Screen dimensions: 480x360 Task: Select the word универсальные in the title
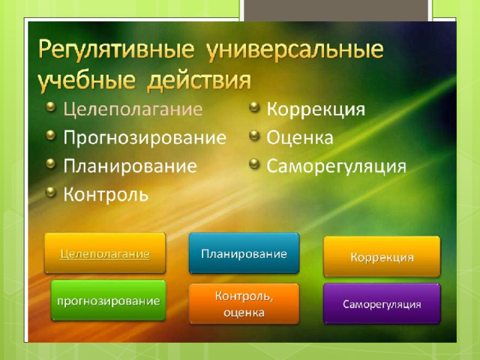click(295, 49)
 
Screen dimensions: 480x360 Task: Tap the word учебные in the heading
click(87, 81)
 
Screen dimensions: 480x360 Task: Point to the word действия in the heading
click(199, 81)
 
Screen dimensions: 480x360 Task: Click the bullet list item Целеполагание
click(133, 109)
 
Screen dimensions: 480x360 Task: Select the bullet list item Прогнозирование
click(145, 138)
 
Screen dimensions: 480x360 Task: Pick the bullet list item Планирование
click(130, 166)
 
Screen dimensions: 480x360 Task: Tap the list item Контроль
click(106, 194)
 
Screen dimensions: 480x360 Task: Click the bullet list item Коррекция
click(316, 109)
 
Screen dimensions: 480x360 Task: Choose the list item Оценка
click(300, 138)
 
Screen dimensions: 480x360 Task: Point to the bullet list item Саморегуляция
click(336, 166)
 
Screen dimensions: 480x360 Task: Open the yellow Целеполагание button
click(105, 253)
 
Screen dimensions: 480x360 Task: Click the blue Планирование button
click(244, 253)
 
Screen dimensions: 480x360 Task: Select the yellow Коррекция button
click(382, 256)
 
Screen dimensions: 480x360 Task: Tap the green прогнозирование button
click(108, 301)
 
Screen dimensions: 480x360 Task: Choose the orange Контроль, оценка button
click(244, 304)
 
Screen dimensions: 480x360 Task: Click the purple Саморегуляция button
click(382, 304)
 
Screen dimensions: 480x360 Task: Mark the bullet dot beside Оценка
click(254, 135)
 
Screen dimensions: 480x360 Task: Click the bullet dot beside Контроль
click(51, 192)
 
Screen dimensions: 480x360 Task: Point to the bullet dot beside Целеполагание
click(51, 106)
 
